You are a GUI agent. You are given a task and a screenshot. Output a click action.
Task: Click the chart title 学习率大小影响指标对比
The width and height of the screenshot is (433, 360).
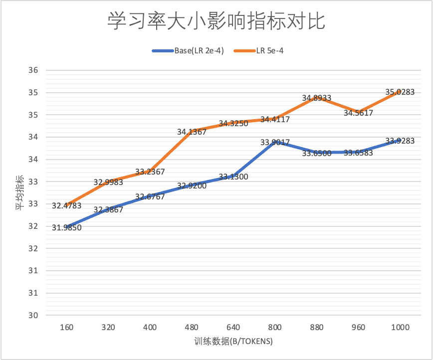[x=216, y=21]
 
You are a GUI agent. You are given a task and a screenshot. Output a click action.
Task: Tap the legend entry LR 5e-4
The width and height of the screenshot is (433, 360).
[x=270, y=50]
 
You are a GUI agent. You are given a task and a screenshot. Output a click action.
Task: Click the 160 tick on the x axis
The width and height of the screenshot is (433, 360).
[x=66, y=327]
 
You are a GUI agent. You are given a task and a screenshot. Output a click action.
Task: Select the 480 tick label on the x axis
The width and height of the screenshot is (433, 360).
[x=192, y=327]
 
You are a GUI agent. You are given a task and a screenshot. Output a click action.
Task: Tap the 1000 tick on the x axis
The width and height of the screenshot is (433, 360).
[x=400, y=327]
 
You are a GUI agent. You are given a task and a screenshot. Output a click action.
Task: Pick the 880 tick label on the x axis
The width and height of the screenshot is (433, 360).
[x=317, y=327]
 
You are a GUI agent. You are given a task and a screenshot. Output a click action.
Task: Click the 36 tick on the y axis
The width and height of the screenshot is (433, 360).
[x=33, y=70]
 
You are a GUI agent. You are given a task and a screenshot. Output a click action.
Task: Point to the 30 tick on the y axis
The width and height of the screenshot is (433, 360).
[x=33, y=315]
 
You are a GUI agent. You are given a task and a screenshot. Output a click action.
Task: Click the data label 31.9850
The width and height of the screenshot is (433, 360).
[x=66, y=228]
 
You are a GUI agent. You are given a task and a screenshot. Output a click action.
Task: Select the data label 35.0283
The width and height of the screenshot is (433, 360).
[x=400, y=92]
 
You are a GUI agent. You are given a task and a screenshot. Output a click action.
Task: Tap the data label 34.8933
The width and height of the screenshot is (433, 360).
[x=317, y=98]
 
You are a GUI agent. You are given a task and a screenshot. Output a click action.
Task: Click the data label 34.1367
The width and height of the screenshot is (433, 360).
[x=192, y=132]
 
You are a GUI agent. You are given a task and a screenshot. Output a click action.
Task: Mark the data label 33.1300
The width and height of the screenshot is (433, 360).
[x=233, y=177]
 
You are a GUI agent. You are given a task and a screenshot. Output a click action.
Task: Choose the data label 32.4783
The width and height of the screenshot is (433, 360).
[x=66, y=205]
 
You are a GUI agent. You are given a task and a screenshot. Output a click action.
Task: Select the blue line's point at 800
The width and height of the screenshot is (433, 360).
[x=275, y=142]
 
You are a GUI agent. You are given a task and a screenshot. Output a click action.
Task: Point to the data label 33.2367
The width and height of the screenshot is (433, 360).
[x=150, y=172]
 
